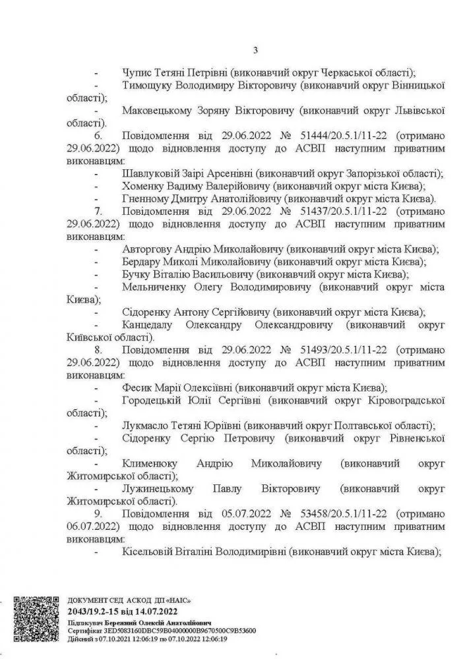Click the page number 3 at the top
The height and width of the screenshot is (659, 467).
255,49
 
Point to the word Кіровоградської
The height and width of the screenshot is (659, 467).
402,400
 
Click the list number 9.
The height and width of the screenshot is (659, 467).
99,513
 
